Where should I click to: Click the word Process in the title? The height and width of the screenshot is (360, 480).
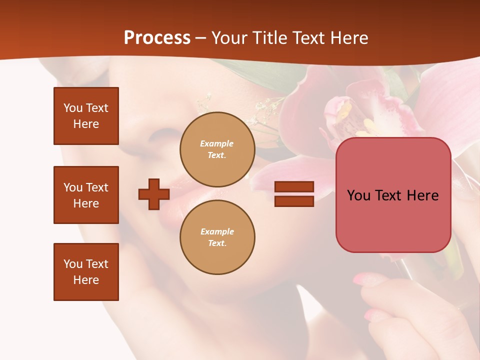pyautogui.click(x=157, y=38)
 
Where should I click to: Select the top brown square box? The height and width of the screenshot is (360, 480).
pyautogui.click(x=86, y=116)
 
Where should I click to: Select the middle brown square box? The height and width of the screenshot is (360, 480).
pyautogui.click(x=86, y=195)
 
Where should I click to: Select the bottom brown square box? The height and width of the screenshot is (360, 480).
pyautogui.click(x=86, y=272)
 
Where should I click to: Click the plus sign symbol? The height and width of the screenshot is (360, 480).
pyautogui.click(x=154, y=194)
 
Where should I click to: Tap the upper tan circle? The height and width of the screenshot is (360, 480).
pyautogui.click(x=217, y=149)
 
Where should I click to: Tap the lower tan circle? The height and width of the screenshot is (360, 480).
pyautogui.click(x=217, y=237)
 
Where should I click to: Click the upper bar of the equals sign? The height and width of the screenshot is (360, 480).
pyautogui.click(x=294, y=187)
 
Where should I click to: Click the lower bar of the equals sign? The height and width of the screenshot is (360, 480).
pyautogui.click(x=294, y=201)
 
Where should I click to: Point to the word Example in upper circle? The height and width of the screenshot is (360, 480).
pyautogui.click(x=216, y=143)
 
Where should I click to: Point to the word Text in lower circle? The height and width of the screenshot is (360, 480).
pyautogui.click(x=216, y=243)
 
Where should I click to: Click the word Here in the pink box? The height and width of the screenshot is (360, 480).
pyautogui.click(x=422, y=195)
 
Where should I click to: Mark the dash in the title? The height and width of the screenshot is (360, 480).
pyautogui.click(x=200, y=38)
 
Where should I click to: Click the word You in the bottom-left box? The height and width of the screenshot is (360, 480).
pyautogui.click(x=73, y=264)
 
